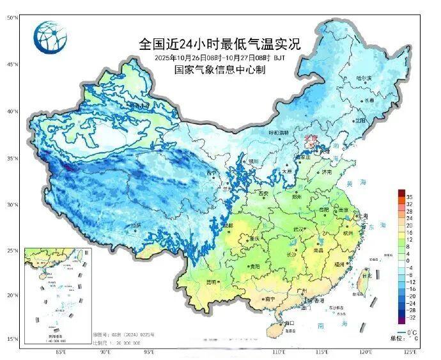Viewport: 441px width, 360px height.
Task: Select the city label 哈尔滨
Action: [364, 78]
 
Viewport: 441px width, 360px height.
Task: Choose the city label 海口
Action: [290, 323]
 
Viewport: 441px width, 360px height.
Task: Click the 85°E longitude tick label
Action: [61, 352]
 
